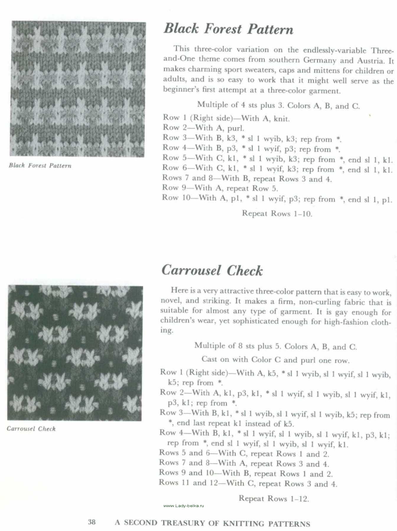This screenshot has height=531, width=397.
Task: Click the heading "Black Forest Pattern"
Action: point(228,29)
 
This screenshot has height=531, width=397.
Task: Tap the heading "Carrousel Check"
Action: point(212,271)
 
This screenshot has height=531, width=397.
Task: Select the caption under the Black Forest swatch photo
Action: point(40,165)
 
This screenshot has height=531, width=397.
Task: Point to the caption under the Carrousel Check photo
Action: point(31,429)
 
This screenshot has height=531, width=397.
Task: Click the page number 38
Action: point(92,522)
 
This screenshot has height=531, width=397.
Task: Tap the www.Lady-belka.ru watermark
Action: point(183,506)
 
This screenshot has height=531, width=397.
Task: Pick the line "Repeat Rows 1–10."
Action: point(277,213)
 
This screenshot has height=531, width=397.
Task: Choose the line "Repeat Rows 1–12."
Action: point(274,499)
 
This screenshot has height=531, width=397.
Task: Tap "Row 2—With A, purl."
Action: point(204,128)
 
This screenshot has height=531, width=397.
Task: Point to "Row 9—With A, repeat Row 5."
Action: point(220,188)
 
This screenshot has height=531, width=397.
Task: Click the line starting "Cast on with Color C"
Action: point(275,360)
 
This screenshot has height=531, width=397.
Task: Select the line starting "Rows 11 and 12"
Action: point(248,484)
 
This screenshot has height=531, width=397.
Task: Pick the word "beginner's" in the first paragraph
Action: point(181,90)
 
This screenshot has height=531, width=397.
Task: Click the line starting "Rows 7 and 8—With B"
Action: point(247,178)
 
